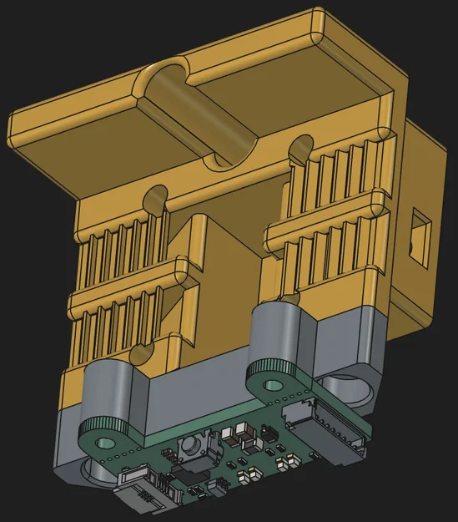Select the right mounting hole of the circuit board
point(273,385)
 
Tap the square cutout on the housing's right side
point(420,231)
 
